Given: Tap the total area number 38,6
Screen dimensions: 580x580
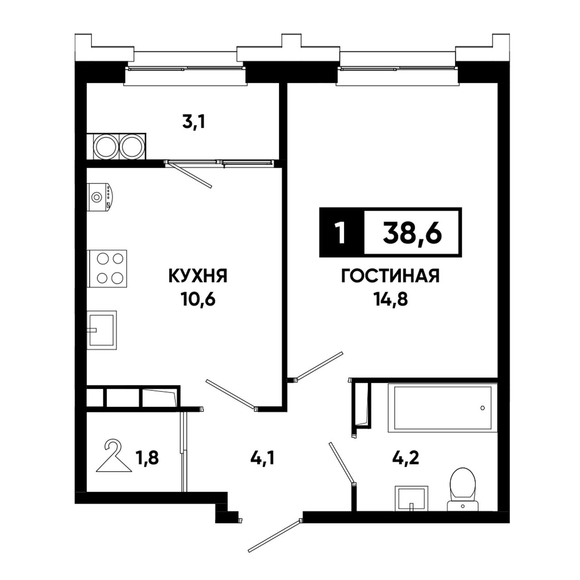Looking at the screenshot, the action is pos(412,232).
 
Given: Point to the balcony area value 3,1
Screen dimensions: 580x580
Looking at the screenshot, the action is pos(193,122).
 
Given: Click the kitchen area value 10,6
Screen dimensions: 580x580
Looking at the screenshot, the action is pos(198,300).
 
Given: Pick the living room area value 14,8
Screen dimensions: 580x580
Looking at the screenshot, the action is pos(391,300).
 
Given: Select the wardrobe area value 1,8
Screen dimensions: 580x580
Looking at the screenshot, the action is pos(148,459).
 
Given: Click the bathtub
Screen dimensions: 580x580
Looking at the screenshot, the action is pos(442,408).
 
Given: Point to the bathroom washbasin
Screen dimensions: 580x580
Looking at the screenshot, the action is pos(411,498).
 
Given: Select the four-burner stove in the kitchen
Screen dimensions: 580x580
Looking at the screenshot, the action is pos(107,269).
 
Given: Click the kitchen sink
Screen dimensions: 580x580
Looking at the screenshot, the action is pos(101,330).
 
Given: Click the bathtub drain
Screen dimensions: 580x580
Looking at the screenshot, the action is pos(483,408).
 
